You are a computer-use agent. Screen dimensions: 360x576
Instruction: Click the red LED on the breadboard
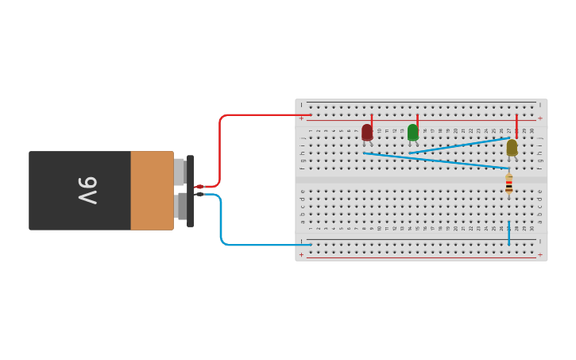367,132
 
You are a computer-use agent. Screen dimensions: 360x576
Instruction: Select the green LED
412,132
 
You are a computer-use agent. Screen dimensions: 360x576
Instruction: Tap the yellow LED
512,147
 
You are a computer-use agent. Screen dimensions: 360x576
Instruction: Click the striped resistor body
508,184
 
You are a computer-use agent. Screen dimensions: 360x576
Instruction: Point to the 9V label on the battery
87,191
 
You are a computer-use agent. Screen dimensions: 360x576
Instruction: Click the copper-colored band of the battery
152,191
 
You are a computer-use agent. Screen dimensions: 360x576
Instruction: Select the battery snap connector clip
190,191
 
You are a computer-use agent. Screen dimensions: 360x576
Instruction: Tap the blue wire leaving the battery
221,223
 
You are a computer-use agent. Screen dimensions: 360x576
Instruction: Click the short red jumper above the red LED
372,120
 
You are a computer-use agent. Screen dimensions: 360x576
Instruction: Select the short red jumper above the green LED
417,120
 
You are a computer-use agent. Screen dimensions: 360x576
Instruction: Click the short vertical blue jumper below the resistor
508,233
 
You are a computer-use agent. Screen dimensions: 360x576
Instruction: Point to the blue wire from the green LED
461,145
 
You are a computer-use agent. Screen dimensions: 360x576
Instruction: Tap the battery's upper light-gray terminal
179,172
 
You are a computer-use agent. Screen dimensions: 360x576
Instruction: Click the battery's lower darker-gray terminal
181,206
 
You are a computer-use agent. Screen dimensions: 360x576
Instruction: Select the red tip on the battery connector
199,187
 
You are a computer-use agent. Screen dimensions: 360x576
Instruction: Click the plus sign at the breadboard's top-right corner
540,118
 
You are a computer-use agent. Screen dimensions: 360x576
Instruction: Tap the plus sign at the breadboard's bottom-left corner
301,255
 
